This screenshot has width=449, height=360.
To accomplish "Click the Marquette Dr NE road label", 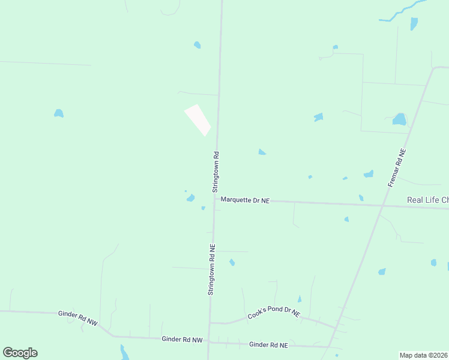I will point(245,200).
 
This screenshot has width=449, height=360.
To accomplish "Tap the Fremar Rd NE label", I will point(397,168).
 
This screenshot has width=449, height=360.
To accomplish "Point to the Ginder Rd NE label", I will point(268,345).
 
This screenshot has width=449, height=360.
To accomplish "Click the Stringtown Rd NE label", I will point(211,269).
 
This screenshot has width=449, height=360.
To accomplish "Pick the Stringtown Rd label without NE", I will point(216,171).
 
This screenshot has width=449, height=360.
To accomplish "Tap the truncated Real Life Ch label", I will point(427,200).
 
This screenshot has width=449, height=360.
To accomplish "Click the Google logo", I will point(20,353).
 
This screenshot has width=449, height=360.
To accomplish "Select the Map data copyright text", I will point(424,355).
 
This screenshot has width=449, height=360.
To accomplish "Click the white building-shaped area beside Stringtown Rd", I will point(197,119).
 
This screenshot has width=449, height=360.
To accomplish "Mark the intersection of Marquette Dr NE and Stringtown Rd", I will point(214,199).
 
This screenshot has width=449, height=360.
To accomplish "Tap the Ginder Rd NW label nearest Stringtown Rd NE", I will point(182,339).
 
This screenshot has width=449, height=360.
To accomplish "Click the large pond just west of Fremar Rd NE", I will point(399,119).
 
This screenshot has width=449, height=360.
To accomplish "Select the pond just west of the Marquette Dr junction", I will point(190,198).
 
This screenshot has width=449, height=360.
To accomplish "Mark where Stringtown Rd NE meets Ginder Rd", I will point(208,341).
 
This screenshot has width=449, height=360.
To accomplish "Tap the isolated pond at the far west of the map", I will point(58,113).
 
